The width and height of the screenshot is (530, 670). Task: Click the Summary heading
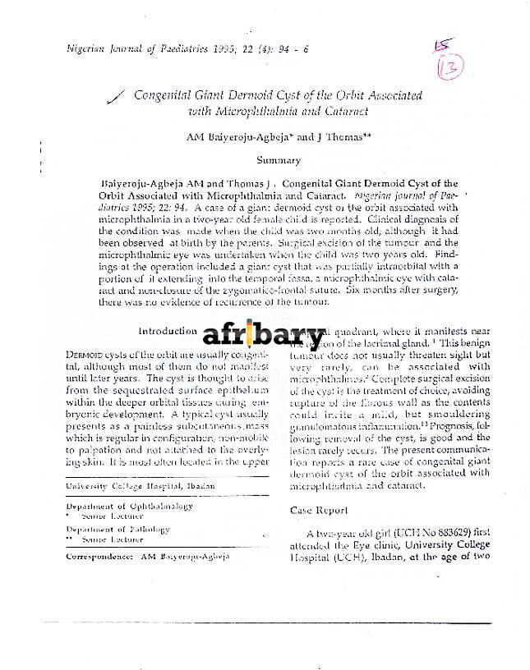tap(279, 160)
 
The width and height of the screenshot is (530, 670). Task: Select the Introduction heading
tap(168, 331)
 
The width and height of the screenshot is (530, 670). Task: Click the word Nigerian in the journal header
tap(87, 49)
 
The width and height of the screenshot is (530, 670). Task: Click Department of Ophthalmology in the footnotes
tap(129, 506)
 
